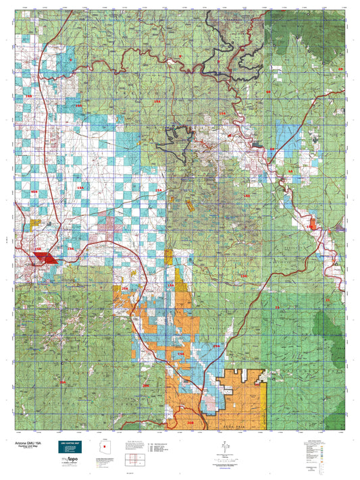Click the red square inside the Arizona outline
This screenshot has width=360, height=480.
105,445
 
